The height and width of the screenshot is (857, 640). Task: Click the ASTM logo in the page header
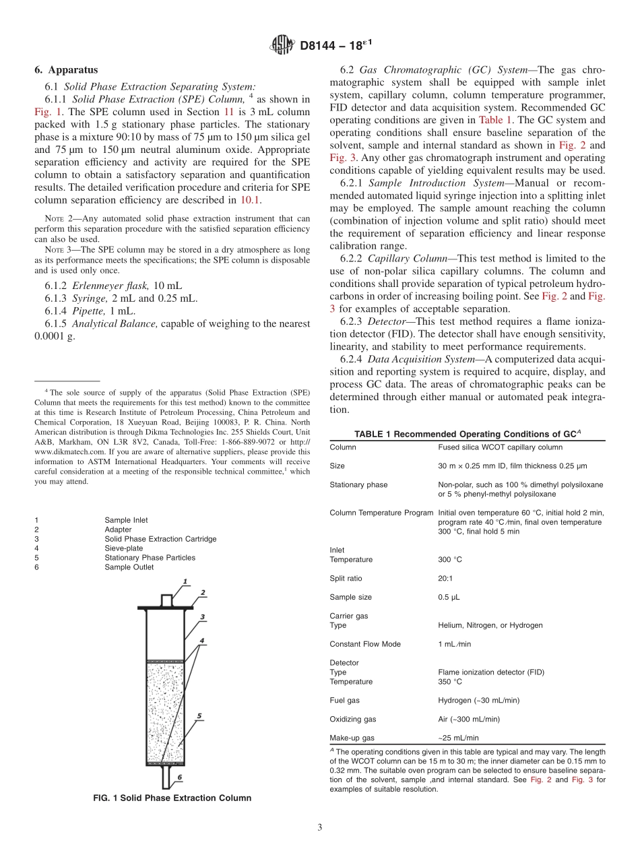click(282, 46)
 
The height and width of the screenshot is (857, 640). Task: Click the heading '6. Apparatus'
click(66, 70)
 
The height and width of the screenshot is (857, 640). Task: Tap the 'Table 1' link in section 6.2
click(495, 119)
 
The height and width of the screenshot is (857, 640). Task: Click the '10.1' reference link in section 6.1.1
click(250, 200)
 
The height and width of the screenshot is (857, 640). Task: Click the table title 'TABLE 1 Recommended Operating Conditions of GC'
click(467, 434)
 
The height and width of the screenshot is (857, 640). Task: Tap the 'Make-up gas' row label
click(352, 738)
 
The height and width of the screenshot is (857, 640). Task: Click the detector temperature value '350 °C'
click(450, 682)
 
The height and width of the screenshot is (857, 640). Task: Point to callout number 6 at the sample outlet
click(179, 777)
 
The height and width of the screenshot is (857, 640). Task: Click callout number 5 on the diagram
click(199, 716)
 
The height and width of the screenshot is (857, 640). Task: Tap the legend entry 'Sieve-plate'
click(123, 548)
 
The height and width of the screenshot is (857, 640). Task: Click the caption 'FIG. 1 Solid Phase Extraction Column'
click(172, 798)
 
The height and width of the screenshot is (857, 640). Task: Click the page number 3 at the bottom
click(320, 827)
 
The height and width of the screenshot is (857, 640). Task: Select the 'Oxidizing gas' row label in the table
click(353, 720)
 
